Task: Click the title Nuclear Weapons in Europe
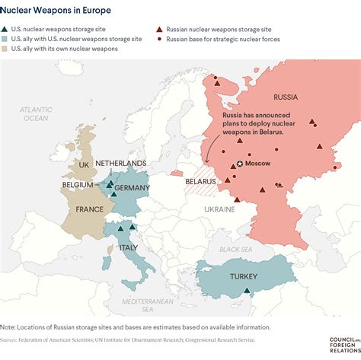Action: click(x=56, y=11)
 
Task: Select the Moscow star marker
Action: click(x=240, y=164)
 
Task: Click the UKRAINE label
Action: click(x=219, y=208)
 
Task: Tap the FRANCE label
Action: click(x=90, y=209)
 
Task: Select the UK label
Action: click(x=85, y=164)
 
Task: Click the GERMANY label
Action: click(x=133, y=188)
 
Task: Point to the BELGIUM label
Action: click(x=78, y=185)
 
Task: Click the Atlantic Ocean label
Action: click(x=35, y=114)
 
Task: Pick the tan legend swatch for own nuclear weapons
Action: click(x=6, y=49)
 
